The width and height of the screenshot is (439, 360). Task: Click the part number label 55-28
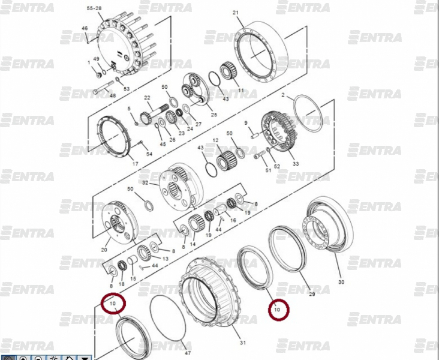pos(94,8)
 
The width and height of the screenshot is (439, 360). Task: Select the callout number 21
pos(236,13)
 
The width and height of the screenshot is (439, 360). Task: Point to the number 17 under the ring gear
pos(136,164)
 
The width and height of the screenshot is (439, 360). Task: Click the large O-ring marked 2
pos(308,113)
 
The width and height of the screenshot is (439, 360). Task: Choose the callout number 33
pos(296,164)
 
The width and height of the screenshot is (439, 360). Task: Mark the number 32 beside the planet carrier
pos(145,183)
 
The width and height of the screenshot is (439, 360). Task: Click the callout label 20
pos(104,250)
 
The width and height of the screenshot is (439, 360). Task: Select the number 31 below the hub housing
pos(243,343)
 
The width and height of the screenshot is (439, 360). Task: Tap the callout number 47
pos(188,353)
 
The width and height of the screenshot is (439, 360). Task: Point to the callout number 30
pos(341,282)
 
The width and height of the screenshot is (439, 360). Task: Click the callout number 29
pos(312,294)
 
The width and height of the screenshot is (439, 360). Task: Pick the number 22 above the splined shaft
pos(148,98)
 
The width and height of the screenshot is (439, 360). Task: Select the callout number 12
pos(215,140)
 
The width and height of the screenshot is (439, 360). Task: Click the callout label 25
pos(214,115)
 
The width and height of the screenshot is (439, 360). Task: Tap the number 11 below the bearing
pos(241,90)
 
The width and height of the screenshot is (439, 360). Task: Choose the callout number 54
pos(149,154)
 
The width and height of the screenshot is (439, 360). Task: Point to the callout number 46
pos(85,28)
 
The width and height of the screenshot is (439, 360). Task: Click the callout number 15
pos(133,279)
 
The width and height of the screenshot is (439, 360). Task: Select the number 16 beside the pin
pos(233,220)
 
